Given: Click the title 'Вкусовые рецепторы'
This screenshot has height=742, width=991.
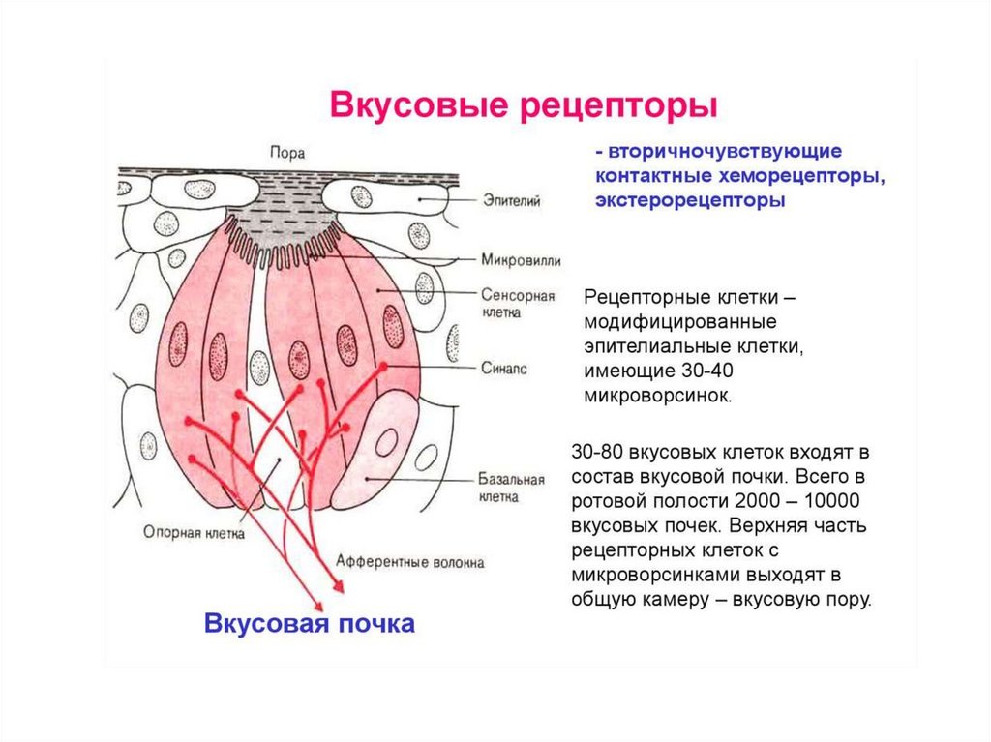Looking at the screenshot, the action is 524,104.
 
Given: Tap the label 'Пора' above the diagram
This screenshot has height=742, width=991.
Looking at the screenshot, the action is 288,152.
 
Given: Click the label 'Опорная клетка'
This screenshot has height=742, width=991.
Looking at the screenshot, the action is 194,531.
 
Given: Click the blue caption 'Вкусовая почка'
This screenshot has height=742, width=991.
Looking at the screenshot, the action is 310,624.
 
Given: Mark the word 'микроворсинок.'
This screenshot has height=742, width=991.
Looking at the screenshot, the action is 658,396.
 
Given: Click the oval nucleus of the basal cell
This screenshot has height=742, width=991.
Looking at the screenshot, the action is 386,443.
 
